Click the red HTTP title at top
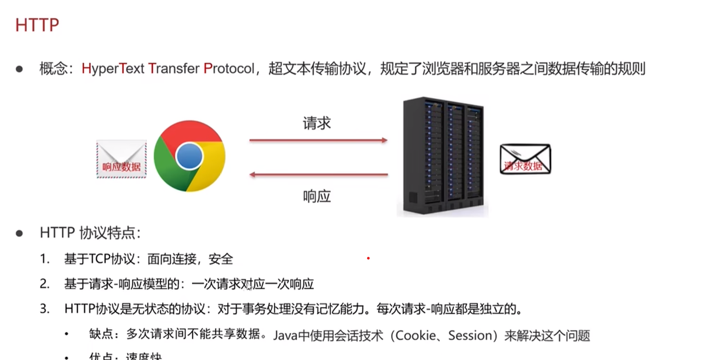[x=37, y=25]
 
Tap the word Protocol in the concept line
[x=229, y=69]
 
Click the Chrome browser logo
[x=189, y=156]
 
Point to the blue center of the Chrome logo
[x=189, y=156]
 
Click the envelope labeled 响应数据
[x=121, y=159]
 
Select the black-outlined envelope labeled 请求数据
[x=525, y=159]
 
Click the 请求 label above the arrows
[x=317, y=123]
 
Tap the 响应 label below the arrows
[x=317, y=196]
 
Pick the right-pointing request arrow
[x=318, y=140]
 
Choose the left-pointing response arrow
[x=318, y=175]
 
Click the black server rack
[x=443, y=156]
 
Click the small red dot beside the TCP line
[x=368, y=258]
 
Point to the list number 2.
[x=45, y=284]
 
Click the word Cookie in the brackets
[x=417, y=335]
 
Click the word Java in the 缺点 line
[x=285, y=335]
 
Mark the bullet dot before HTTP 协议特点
[x=19, y=233]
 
